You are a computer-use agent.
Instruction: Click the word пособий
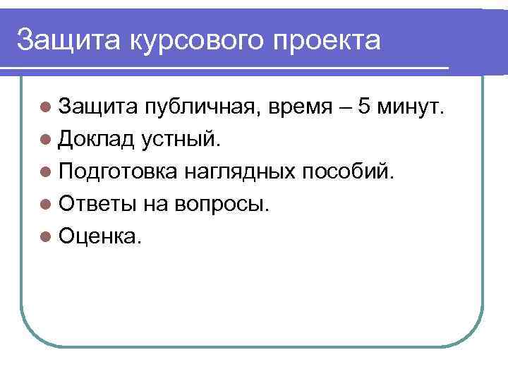coord(349,173)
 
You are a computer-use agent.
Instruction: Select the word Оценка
coord(99,238)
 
